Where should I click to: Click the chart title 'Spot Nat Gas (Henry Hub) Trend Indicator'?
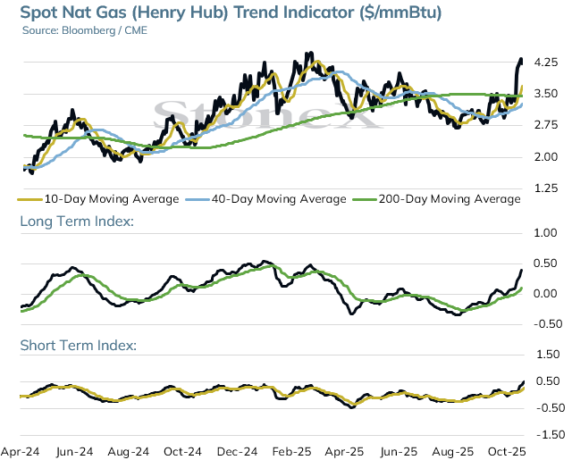point(188,12)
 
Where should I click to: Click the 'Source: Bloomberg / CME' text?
point(85,30)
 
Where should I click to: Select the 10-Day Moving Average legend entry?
point(98,199)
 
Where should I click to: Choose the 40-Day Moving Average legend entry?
point(266,199)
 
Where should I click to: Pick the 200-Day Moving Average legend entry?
point(437,199)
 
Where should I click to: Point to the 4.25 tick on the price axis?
point(546,63)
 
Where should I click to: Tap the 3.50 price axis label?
point(546,94)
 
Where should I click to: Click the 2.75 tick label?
point(546,125)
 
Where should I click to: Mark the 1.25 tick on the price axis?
point(546,188)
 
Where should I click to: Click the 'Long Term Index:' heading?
point(77,222)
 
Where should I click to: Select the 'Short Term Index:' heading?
point(79,345)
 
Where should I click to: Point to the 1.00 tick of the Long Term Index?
point(546,233)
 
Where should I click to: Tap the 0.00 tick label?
point(546,294)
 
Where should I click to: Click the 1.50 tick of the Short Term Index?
point(548,355)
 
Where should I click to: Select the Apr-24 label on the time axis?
point(21,452)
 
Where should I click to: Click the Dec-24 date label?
point(237,452)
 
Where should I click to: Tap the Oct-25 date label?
point(507,452)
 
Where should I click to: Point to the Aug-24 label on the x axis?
point(129,452)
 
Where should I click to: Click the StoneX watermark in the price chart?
point(268,115)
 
